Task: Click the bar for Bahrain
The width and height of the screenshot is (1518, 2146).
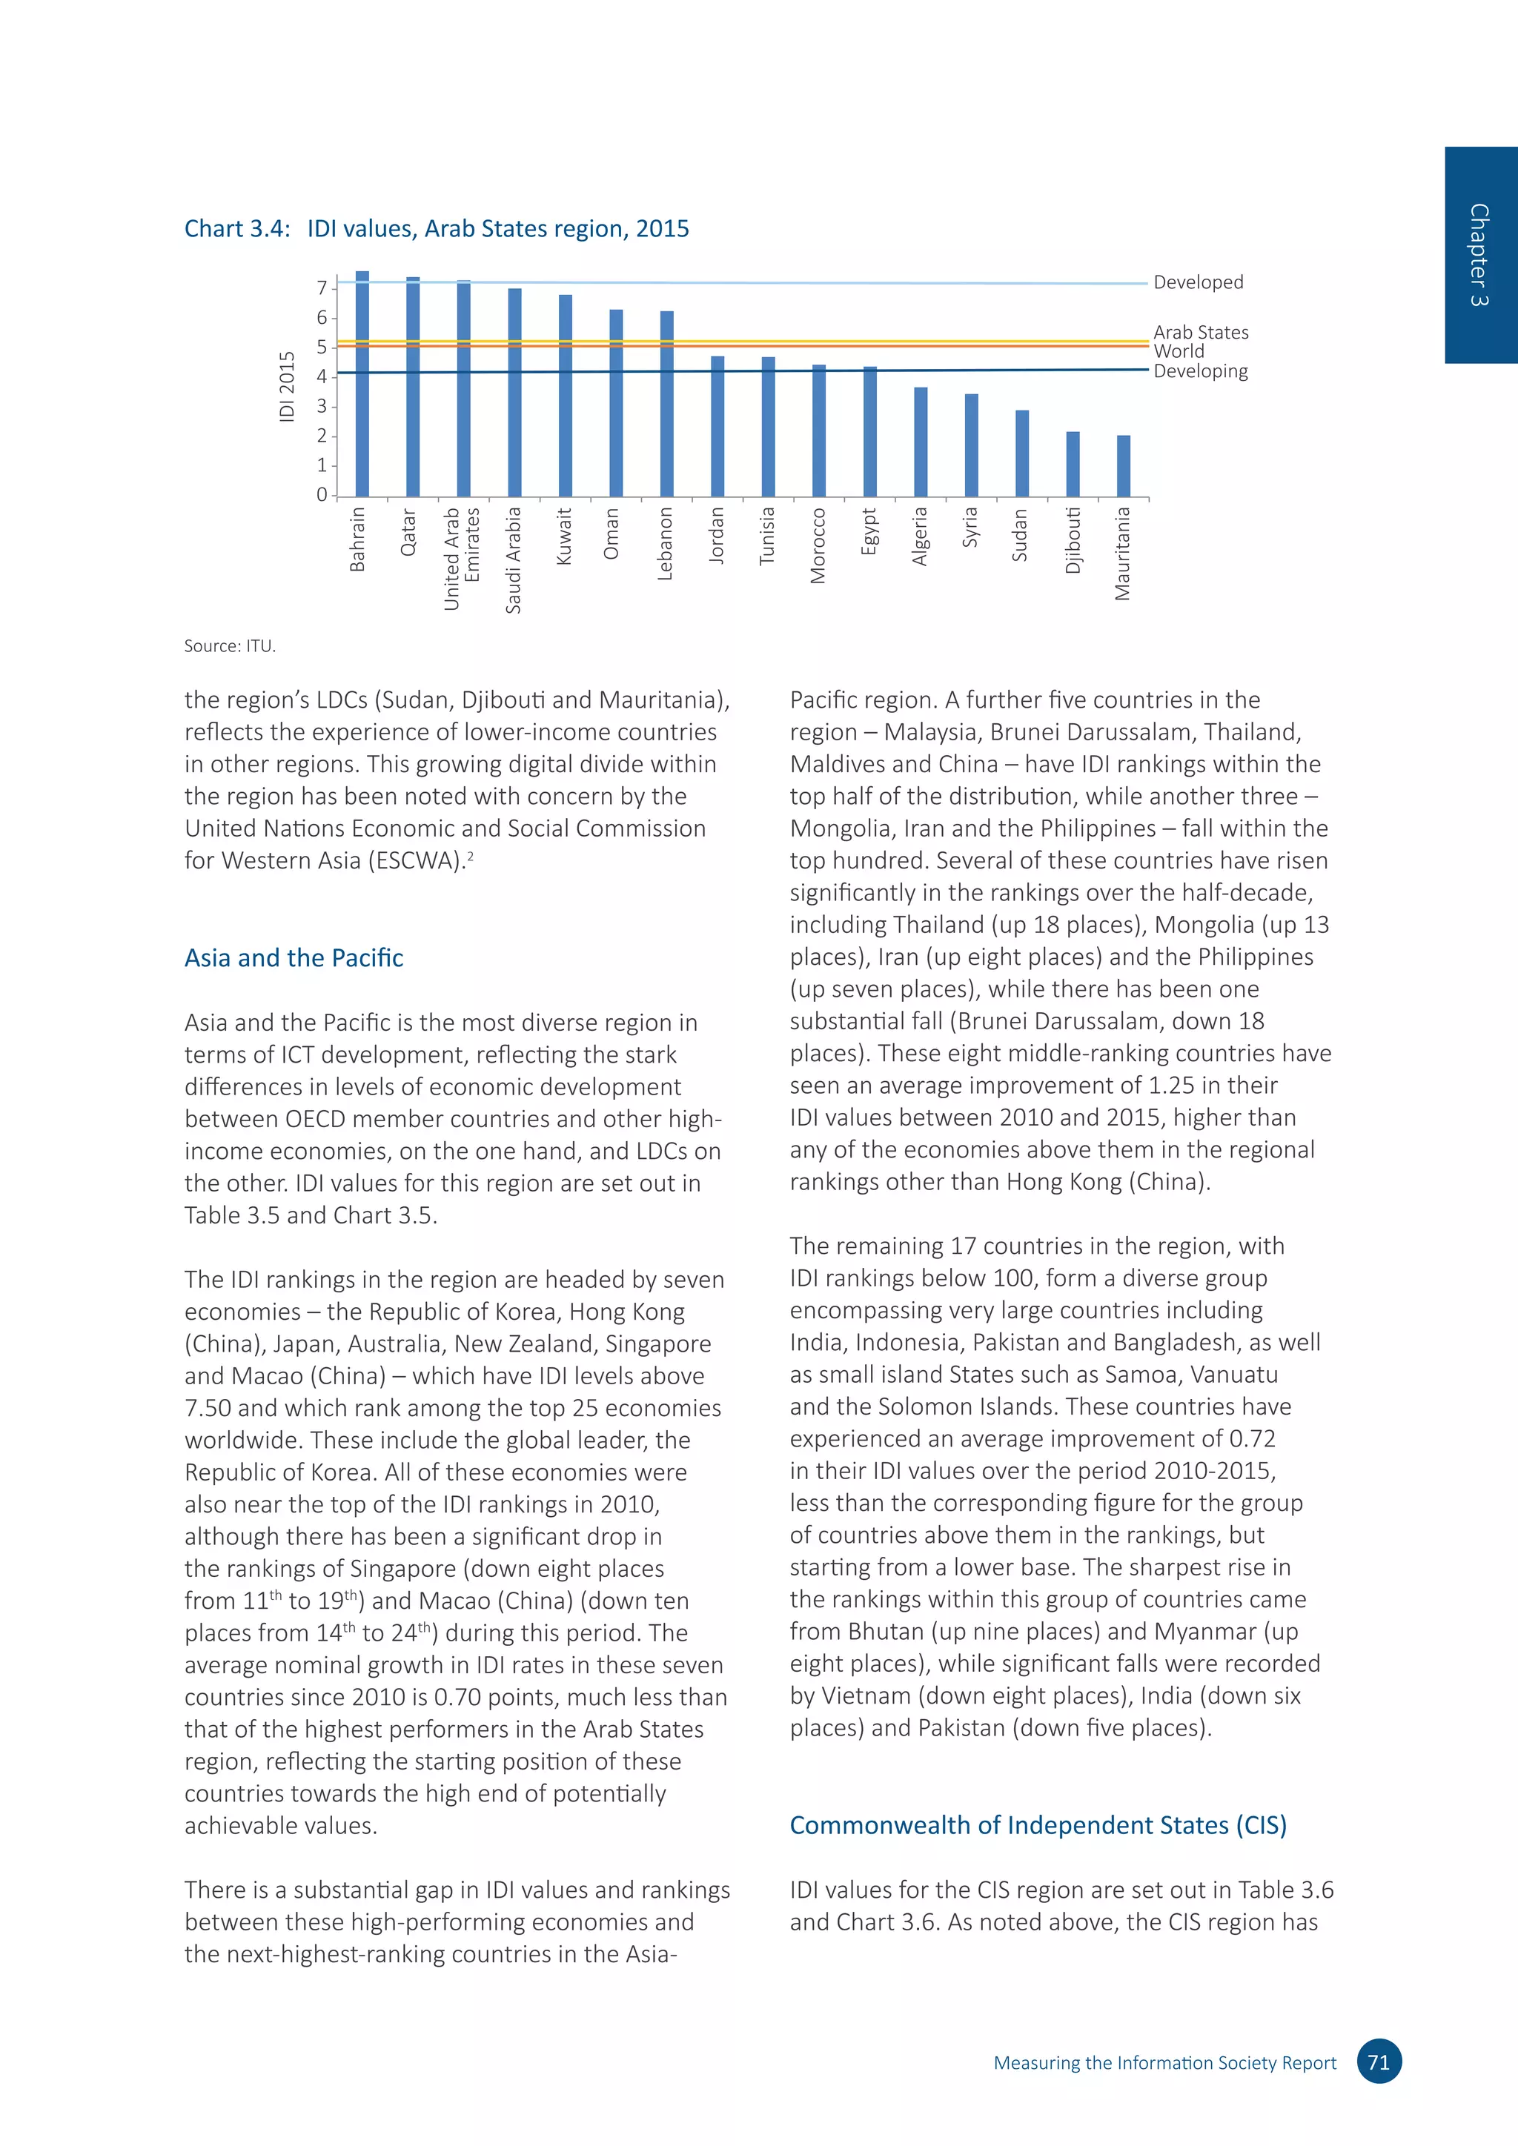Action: tap(362, 383)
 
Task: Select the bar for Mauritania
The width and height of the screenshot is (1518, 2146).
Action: tap(1124, 465)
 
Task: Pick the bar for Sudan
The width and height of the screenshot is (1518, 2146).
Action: tap(1021, 454)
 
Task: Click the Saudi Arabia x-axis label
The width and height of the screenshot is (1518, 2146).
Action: tap(513, 560)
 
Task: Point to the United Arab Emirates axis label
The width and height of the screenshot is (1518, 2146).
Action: tap(462, 558)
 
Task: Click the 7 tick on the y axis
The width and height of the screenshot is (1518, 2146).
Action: tap(322, 288)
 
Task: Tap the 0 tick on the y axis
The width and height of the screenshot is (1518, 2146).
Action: tap(322, 494)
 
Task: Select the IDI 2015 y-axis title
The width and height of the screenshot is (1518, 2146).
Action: tap(287, 386)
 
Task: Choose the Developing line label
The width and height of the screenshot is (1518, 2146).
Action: tap(1200, 371)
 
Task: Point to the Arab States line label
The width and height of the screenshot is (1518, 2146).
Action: tap(1200, 332)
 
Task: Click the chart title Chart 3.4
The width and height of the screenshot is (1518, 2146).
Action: tap(436, 229)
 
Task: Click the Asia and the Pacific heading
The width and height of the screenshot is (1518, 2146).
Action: tap(294, 958)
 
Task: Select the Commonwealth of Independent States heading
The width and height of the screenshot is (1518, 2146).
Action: tap(1038, 1825)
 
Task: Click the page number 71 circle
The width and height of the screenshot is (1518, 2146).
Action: tap(1379, 2062)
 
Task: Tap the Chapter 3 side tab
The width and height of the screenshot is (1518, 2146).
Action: tap(1479, 254)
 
